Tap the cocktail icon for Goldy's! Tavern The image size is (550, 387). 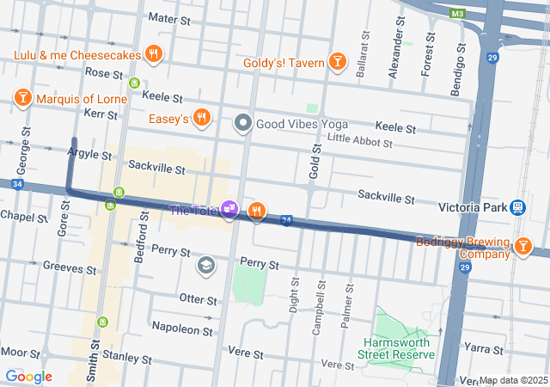338,62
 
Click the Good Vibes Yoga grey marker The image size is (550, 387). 243,124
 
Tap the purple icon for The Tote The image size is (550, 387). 229,209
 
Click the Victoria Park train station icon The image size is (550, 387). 517,207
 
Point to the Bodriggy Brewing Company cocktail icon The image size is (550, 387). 523,248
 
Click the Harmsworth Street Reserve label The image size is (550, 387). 397,348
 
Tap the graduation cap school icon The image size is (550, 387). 205,265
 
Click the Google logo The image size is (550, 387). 28,377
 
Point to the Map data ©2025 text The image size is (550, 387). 512,380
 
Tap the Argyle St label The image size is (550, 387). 89,156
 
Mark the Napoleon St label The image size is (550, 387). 181,329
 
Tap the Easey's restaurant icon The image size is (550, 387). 202,118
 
